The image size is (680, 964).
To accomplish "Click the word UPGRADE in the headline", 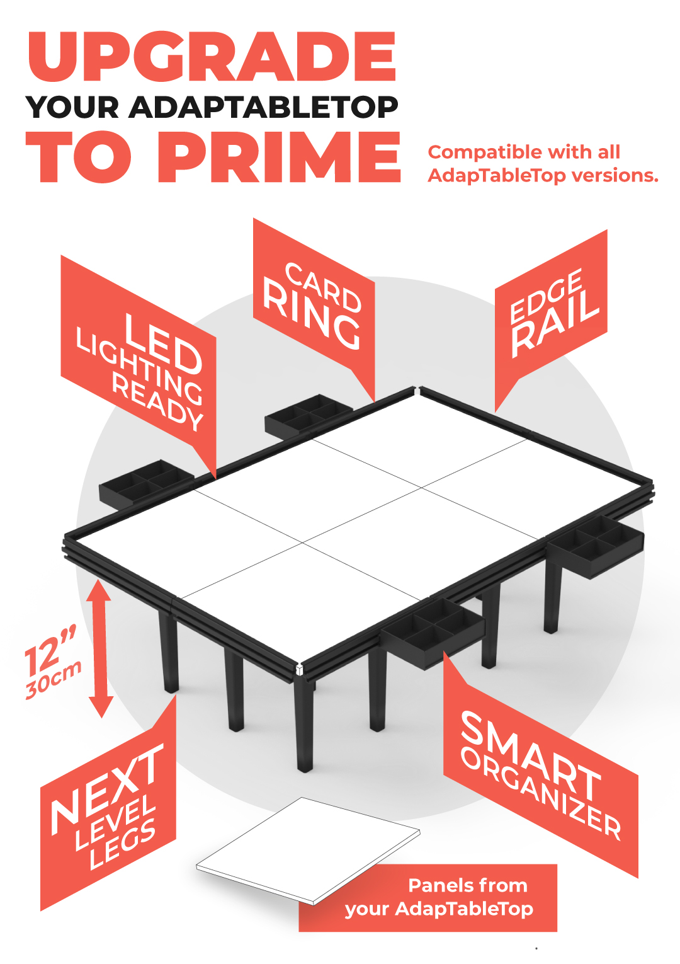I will point(212,57).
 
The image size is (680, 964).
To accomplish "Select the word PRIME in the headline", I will point(279,158).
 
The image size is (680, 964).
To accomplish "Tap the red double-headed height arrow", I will point(100,649).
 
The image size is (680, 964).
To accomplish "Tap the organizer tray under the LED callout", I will point(145,483).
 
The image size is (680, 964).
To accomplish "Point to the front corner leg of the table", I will point(304,725).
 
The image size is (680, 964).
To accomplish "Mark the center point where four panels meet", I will point(303,542).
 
